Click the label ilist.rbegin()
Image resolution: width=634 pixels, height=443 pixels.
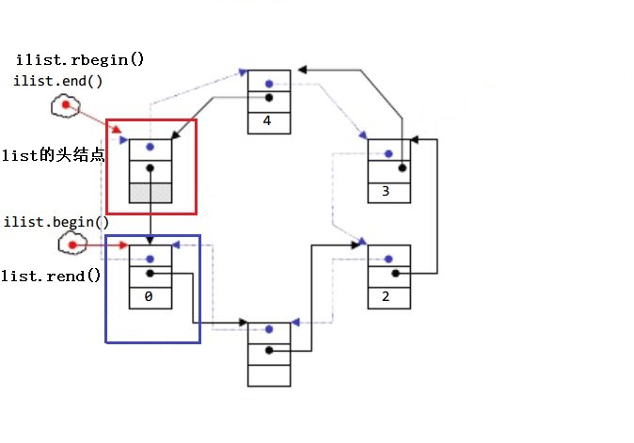(x=80, y=60)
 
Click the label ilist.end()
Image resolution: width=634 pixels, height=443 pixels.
(x=58, y=81)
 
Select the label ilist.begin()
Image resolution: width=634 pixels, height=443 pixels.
(x=56, y=222)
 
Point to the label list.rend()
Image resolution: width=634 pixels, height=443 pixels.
(x=52, y=276)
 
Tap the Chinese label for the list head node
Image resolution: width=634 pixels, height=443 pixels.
(x=53, y=155)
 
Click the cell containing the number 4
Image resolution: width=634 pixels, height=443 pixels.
(x=268, y=120)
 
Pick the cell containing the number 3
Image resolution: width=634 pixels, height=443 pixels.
(x=388, y=192)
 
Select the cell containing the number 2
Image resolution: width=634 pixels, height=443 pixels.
(x=388, y=296)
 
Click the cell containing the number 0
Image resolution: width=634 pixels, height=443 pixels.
(x=151, y=297)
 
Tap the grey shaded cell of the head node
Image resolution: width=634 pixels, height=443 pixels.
(x=151, y=193)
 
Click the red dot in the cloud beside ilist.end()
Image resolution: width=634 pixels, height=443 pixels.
(x=66, y=105)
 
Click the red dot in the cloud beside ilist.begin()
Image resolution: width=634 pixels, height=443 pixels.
(x=71, y=245)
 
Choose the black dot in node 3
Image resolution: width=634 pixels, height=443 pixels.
(x=402, y=168)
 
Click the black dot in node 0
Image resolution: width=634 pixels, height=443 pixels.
(x=151, y=274)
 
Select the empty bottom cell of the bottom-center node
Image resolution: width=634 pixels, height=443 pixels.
(x=269, y=373)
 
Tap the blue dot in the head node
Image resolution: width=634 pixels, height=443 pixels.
(x=150, y=148)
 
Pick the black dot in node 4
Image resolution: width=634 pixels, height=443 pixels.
(x=269, y=97)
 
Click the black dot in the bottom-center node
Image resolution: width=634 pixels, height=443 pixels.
(x=269, y=350)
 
